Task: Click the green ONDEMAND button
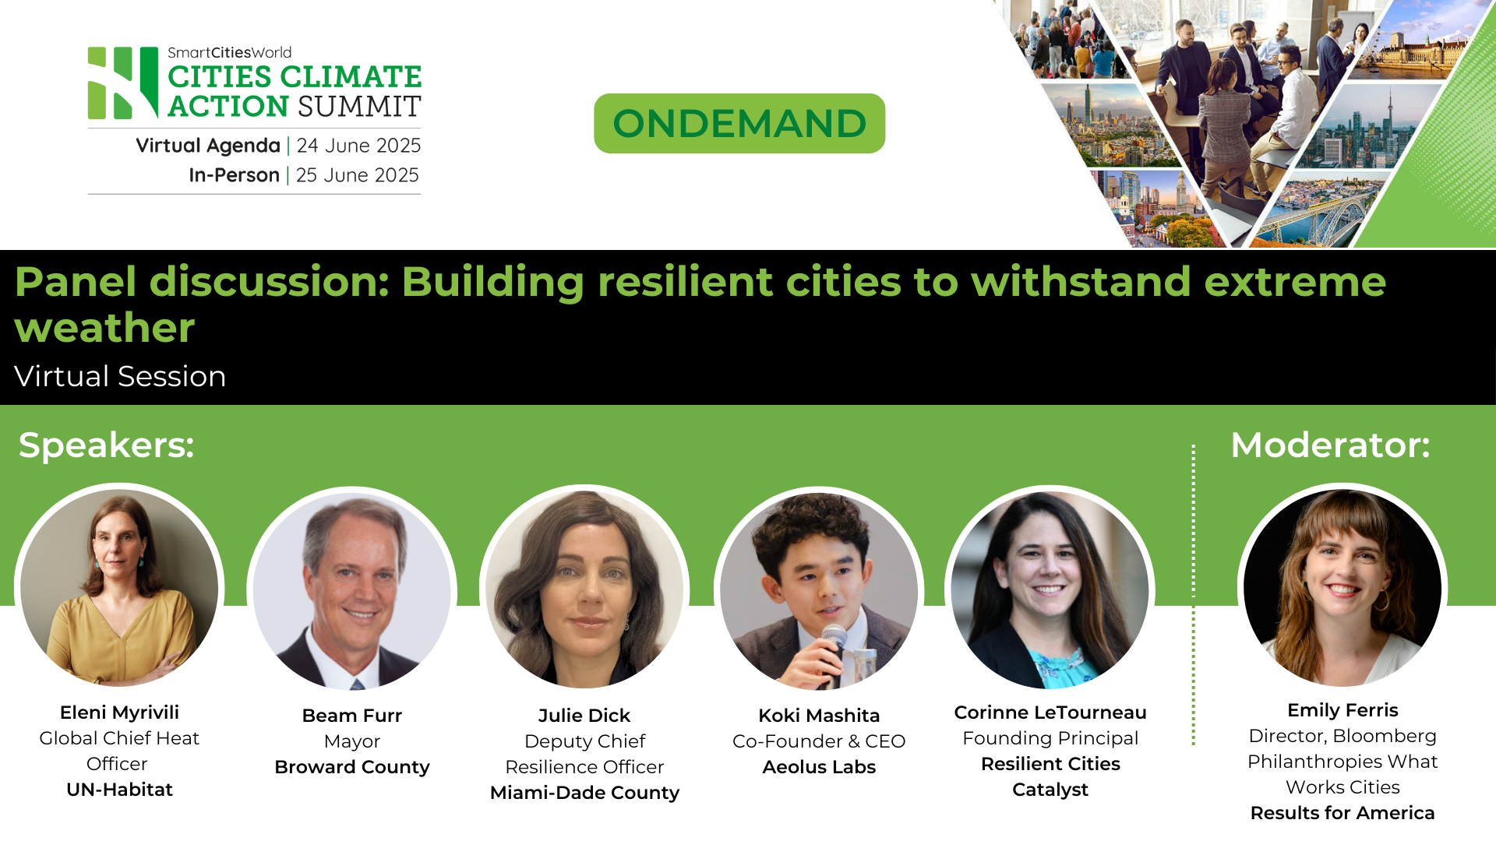(739, 123)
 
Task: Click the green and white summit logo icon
(123, 83)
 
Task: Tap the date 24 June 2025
(358, 146)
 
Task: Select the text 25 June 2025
(357, 175)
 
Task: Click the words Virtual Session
(120, 376)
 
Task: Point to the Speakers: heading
(106, 445)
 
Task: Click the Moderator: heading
(1330, 445)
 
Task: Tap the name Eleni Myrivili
(119, 713)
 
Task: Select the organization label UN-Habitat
(119, 790)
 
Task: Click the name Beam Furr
(351, 716)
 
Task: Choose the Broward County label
(351, 767)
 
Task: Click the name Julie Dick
(584, 716)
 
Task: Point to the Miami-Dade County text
(584, 793)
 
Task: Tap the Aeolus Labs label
(819, 767)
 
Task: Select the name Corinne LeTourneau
(1050, 713)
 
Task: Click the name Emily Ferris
(1342, 710)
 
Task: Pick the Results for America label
(1342, 813)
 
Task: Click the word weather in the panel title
(104, 328)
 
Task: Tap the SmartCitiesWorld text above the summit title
(229, 53)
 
